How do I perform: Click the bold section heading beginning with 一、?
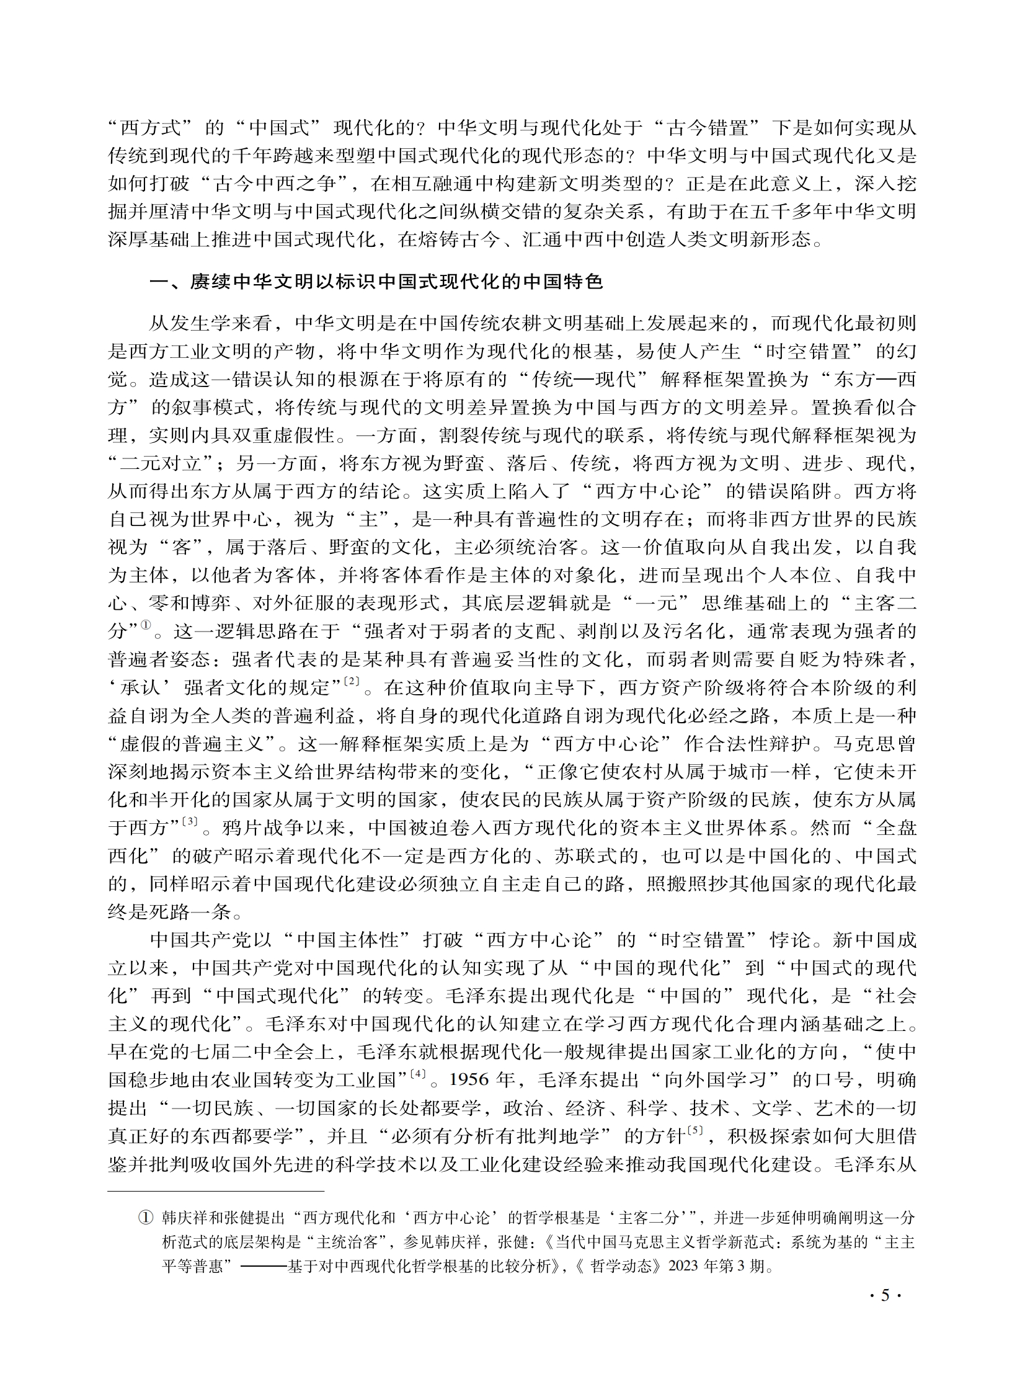[376, 282]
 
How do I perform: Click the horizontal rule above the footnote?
[216, 1192]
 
